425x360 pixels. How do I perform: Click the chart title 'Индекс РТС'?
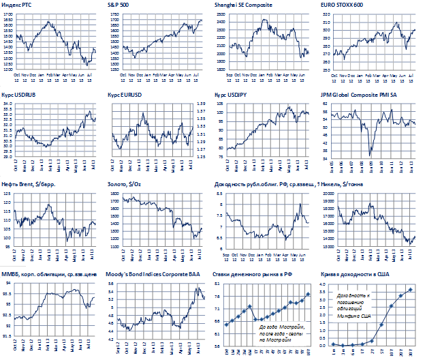coord(16,4)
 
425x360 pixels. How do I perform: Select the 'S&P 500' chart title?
coord(119,4)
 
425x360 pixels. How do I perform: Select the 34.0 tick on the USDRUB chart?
coord(7,104)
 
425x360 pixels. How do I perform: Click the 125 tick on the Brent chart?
coord(6,194)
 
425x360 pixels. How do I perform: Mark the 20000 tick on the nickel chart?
coord(326,194)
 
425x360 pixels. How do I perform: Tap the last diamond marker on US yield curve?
coord(410,290)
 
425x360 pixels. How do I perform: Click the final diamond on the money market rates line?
coord(308,294)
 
